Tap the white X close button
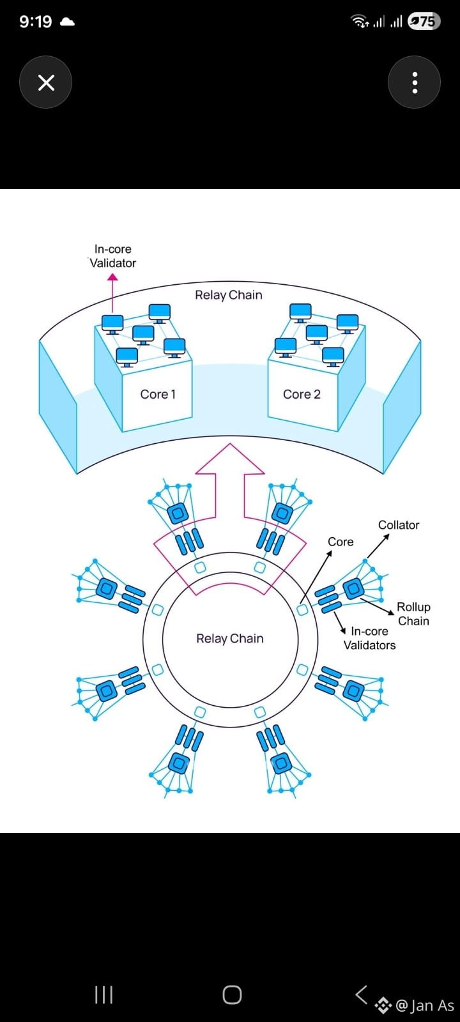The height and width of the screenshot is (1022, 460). click(45, 82)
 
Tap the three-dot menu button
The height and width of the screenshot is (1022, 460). click(415, 82)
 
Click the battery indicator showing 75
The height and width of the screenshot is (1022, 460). click(424, 22)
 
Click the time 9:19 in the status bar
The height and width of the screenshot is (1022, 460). click(36, 22)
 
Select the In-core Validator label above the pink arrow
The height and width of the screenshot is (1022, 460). click(112, 256)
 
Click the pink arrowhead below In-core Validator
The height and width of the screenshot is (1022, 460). click(112, 277)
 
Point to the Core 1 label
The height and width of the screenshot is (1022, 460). click(158, 394)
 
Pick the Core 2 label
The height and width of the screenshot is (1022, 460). click(302, 394)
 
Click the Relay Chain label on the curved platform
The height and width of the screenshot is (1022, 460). click(229, 295)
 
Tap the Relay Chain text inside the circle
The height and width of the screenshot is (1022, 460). click(230, 638)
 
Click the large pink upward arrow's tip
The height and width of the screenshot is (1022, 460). click(230, 444)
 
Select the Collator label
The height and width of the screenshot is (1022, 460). click(399, 525)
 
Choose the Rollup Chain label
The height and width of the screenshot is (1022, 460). click(413, 614)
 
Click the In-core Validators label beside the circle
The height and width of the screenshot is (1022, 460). click(370, 638)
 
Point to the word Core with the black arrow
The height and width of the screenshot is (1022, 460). click(341, 542)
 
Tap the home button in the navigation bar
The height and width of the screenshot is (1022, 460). click(232, 995)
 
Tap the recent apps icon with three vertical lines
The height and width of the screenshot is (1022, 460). click(103, 995)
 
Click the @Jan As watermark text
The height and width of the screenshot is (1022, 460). click(425, 1005)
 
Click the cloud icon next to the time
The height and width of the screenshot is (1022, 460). click(67, 22)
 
